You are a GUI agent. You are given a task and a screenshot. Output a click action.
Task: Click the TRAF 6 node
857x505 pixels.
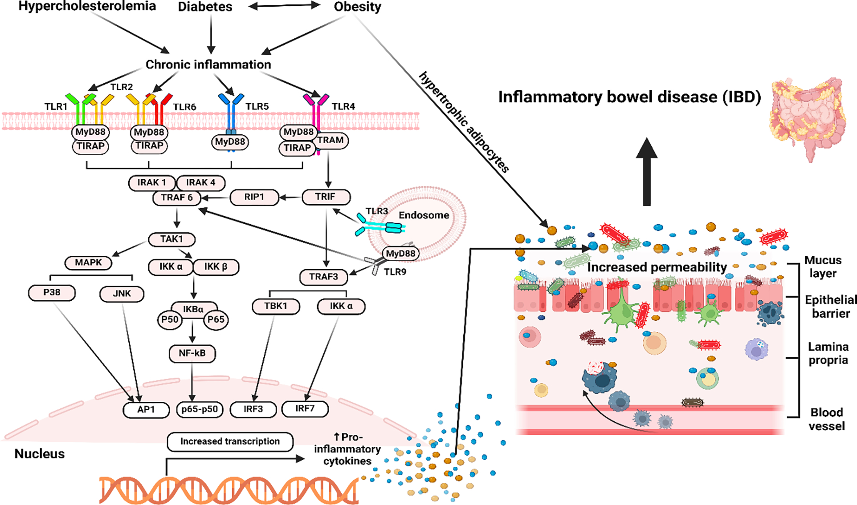pyautogui.click(x=177, y=198)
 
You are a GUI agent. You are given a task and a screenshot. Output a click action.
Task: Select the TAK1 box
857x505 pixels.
pyautogui.click(x=171, y=239)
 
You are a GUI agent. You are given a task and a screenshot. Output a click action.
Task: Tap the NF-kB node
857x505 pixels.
pyautogui.click(x=192, y=353)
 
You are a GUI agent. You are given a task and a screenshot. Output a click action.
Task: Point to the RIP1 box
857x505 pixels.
pyautogui.click(x=254, y=197)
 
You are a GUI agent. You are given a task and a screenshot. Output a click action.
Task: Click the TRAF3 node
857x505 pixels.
pyautogui.click(x=324, y=277)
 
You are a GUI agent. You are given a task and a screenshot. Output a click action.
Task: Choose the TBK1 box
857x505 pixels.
pyautogui.click(x=276, y=306)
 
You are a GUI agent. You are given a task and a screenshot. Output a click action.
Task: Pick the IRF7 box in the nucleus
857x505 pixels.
pyautogui.click(x=305, y=408)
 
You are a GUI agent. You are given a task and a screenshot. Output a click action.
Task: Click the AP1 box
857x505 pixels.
pyautogui.click(x=146, y=409)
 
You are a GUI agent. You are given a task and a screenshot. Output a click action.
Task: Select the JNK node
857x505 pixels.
pyautogui.click(x=122, y=294)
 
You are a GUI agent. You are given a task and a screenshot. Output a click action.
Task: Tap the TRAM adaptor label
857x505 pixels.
pyautogui.click(x=330, y=141)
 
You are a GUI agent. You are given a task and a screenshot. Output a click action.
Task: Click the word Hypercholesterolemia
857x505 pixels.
pyautogui.click(x=87, y=6)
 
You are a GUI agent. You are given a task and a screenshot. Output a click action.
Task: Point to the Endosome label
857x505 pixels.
pyautogui.click(x=424, y=215)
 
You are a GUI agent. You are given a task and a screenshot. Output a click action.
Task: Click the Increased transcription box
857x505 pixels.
pyautogui.click(x=230, y=441)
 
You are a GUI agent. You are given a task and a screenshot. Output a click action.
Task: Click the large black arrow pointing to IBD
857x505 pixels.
pyautogui.click(x=647, y=172)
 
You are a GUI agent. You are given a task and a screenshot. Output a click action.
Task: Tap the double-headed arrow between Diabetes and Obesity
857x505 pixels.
pyautogui.click(x=284, y=6)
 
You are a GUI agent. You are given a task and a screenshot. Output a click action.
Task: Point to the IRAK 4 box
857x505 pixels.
pyautogui.click(x=201, y=183)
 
